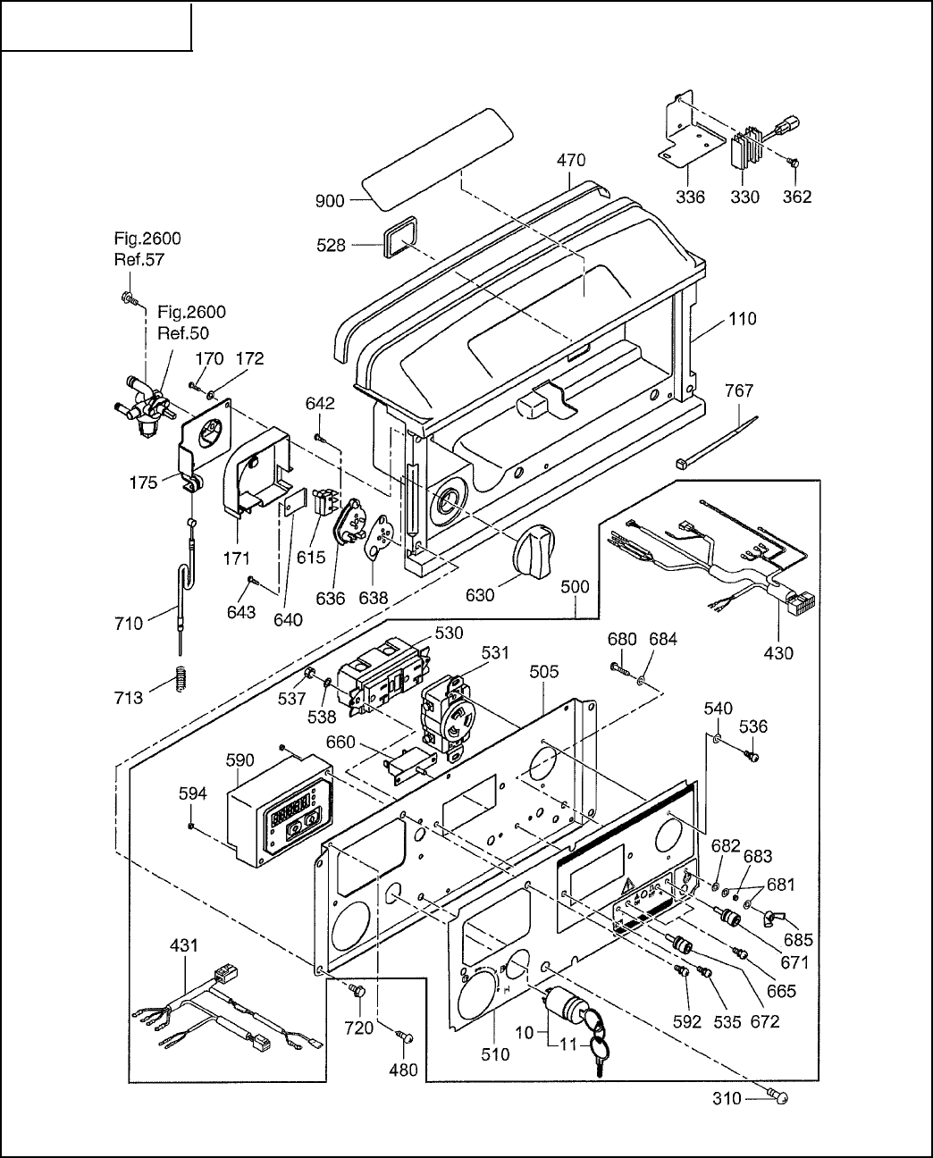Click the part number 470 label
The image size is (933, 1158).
click(571, 161)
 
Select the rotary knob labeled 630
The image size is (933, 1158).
click(535, 546)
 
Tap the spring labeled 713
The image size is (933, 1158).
click(182, 683)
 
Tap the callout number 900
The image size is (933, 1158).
click(330, 201)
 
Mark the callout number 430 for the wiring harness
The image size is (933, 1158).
click(778, 653)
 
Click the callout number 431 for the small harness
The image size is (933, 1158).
click(185, 945)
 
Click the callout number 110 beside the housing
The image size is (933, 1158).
click(742, 318)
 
